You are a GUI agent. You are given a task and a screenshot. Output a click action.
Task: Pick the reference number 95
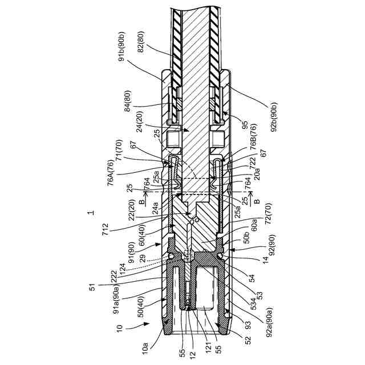click(246, 126)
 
